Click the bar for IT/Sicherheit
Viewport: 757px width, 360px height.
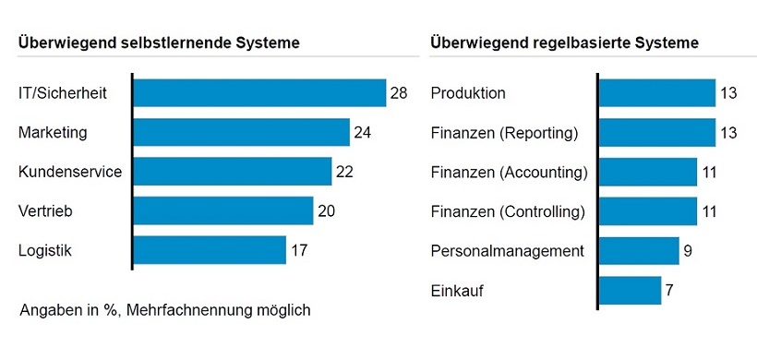tap(259, 93)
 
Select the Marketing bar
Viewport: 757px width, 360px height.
tap(242, 133)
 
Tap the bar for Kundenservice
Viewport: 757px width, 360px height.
tap(233, 172)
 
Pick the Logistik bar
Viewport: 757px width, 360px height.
tap(210, 250)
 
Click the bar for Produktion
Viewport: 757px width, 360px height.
tap(657, 93)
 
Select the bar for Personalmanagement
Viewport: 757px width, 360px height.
tap(639, 251)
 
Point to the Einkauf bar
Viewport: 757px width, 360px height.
tap(630, 291)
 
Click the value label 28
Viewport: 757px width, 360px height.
tap(399, 93)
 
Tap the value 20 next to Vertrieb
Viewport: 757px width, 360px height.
tap(326, 211)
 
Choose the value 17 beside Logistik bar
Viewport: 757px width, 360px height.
tap(298, 250)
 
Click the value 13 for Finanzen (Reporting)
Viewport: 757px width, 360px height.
tap(728, 133)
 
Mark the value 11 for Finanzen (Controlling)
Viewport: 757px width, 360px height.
tap(710, 211)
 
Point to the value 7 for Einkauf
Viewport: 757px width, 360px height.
tap(669, 291)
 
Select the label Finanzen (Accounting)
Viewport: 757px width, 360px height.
tap(509, 172)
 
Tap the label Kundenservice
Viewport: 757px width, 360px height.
tap(69, 172)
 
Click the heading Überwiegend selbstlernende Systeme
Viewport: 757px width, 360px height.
tap(158, 42)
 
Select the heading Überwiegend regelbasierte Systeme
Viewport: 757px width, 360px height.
tap(564, 42)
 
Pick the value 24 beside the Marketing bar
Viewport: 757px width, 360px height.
tap(363, 133)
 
